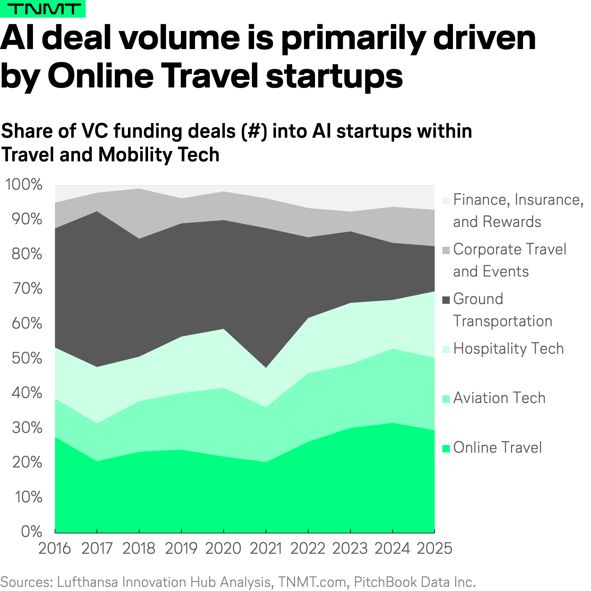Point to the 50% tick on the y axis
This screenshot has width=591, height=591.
27,358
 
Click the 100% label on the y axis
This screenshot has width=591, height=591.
24,184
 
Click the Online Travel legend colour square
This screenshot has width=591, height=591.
446,449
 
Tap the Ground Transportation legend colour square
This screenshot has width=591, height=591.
446,300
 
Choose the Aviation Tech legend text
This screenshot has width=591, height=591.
499,398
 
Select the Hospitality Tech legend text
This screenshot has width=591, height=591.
508,348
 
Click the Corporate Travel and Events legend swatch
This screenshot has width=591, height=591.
446,250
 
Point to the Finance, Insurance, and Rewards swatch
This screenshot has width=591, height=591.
446,201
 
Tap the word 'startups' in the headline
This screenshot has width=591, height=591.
334,76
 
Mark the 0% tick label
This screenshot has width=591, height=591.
32,532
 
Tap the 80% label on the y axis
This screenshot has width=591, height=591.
27,254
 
